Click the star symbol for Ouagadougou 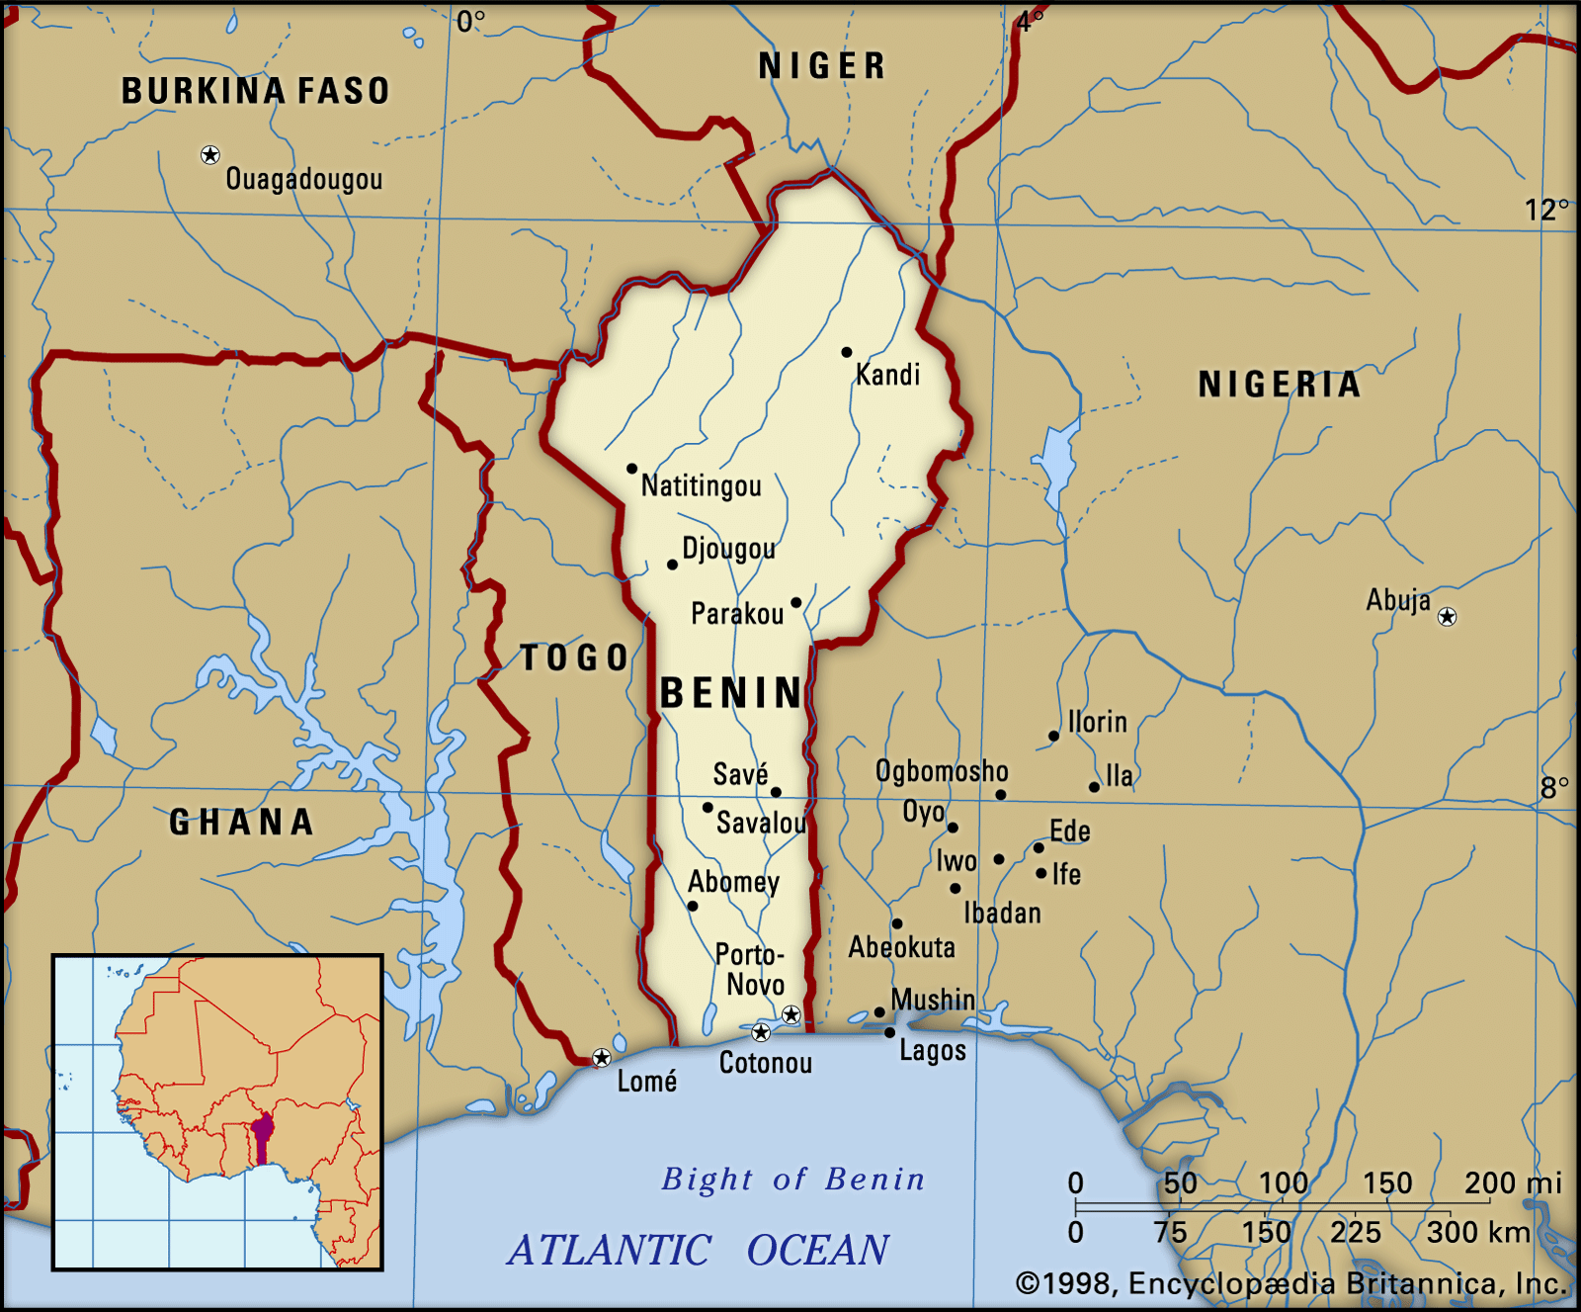pos(209,154)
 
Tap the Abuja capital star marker pos(1447,617)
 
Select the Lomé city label pos(646,1081)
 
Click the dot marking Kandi pos(846,352)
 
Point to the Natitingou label pos(701,485)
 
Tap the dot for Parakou pos(795,602)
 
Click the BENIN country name pos(731,693)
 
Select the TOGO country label pos(574,657)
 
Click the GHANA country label pos(241,822)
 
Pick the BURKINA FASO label pos(255,91)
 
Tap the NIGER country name pos(821,66)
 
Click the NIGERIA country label pos(1279,385)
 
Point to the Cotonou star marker pos(760,1032)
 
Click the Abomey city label pos(733,881)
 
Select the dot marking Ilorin pos(1053,736)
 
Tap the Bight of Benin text pos(792,1179)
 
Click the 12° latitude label pos(1545,210)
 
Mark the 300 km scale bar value pos(1478,1232)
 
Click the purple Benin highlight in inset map pos(262,1138)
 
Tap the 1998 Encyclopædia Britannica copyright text pos(1291,1283)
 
